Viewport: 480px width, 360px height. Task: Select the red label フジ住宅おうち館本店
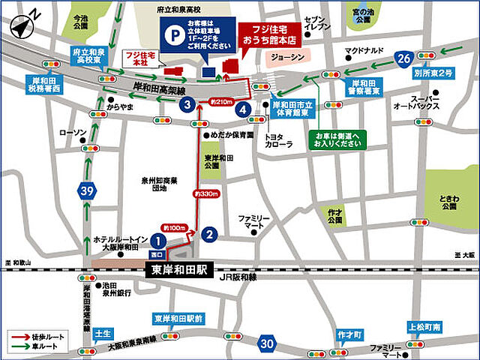tap(265, 34)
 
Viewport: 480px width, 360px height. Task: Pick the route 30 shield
tap(266, 343)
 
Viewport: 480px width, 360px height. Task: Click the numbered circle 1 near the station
tap(158, 240)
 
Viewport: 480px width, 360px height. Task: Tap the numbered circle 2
tap(211, 235)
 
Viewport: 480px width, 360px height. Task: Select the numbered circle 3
tap(185, 106)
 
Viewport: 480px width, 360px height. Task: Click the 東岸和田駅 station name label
tap(180, 268)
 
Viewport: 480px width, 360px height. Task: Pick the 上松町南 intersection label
tap(425, 327)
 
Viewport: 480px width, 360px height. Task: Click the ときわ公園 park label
tap(450, 201)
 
